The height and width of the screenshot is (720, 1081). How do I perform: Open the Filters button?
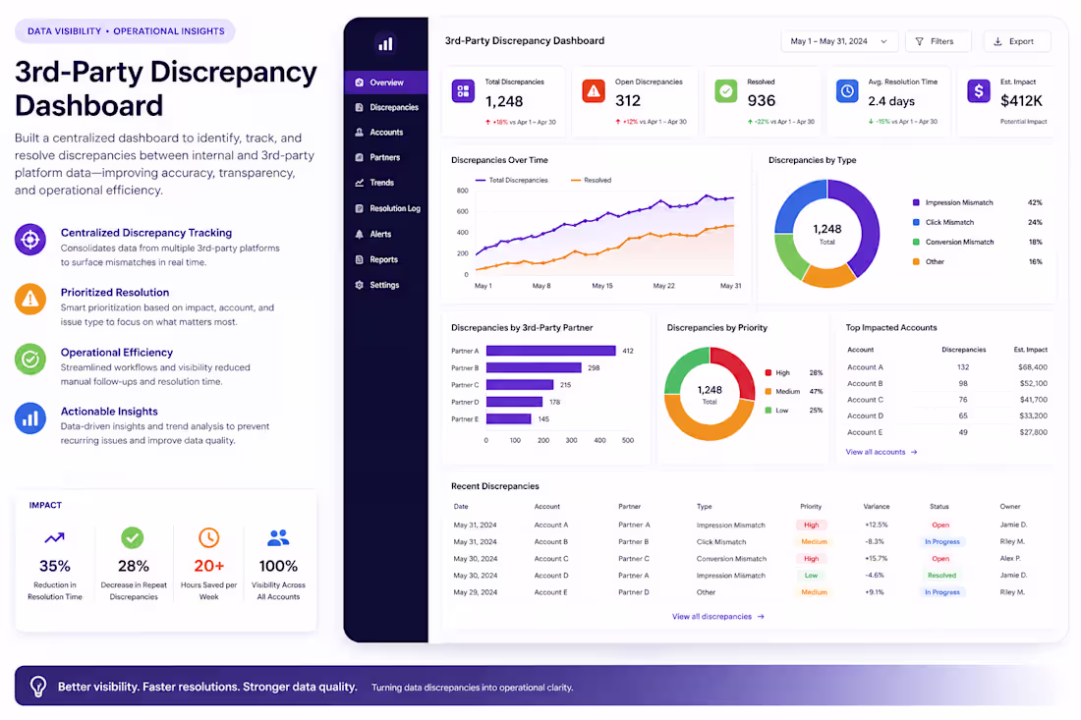938,41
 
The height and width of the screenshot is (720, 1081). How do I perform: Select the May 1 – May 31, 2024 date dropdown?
839,41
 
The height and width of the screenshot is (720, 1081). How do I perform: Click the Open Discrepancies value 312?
628,100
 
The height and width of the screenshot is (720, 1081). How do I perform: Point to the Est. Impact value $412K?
1021,100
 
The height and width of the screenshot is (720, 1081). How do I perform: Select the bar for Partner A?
551,351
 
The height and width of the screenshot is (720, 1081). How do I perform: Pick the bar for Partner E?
509,418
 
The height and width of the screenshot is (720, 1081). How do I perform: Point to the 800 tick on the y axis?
463,191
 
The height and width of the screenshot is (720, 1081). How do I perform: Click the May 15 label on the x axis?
601,286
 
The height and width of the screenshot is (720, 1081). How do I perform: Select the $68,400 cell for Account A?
1032,367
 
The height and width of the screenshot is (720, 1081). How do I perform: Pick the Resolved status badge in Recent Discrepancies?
941,576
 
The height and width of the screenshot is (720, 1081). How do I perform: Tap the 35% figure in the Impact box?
54,567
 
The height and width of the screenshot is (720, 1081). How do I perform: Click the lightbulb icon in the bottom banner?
38,687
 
